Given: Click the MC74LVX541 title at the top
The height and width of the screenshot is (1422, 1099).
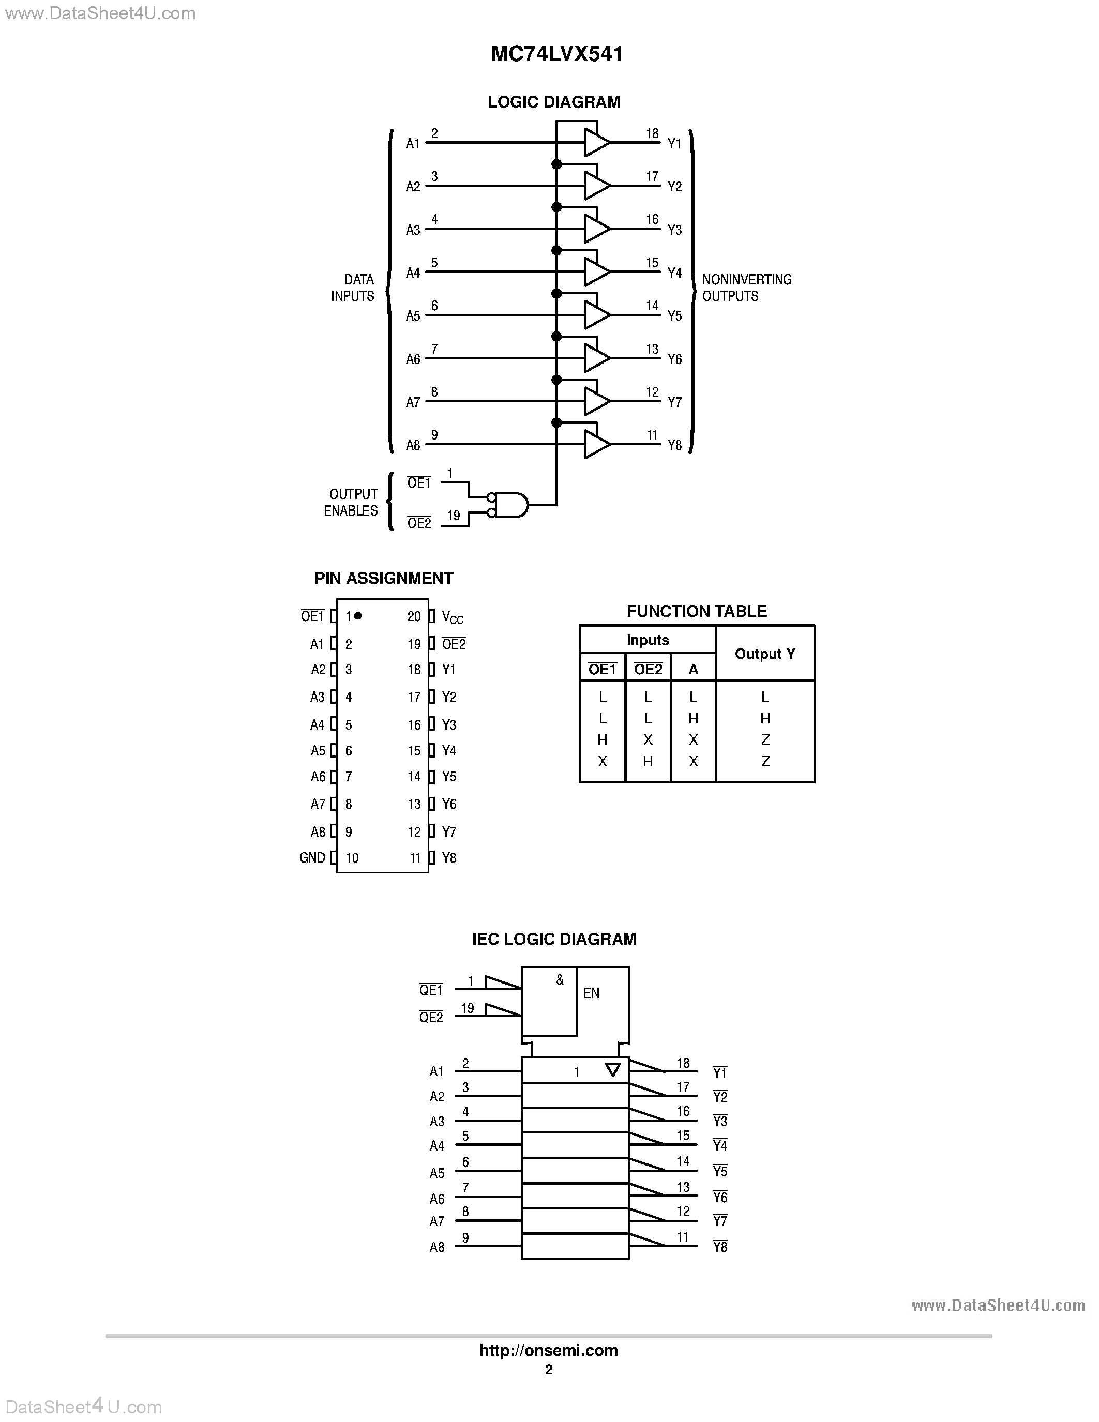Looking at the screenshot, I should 556,54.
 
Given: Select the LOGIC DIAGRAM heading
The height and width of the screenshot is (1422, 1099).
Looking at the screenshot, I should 554,102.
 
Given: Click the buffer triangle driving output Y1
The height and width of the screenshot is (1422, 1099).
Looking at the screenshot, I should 595,143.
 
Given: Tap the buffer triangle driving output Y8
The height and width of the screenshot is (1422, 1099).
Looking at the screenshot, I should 595,445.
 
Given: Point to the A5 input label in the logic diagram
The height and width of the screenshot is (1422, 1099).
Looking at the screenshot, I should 413,316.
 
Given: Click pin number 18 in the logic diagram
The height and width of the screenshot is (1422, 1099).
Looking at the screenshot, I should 652,133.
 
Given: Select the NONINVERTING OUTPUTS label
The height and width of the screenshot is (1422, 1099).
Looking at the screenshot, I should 746,288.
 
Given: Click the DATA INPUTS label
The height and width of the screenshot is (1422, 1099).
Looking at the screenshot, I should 353,288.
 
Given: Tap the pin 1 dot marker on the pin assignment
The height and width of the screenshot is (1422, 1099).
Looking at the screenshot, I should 357,615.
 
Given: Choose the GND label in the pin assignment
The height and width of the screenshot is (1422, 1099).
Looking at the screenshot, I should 312,857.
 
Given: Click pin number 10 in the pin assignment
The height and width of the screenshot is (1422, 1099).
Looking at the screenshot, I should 352,857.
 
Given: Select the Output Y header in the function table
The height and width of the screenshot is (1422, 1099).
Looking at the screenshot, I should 765,654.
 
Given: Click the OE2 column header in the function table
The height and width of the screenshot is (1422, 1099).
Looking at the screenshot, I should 648,669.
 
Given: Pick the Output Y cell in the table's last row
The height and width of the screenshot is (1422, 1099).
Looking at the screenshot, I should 765,761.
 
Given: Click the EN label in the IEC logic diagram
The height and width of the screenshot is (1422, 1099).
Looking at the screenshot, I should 591,993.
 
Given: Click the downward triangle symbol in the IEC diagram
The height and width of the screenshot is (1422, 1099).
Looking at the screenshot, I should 613,1070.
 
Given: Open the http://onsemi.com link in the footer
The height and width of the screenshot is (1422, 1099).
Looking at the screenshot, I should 549,1350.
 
